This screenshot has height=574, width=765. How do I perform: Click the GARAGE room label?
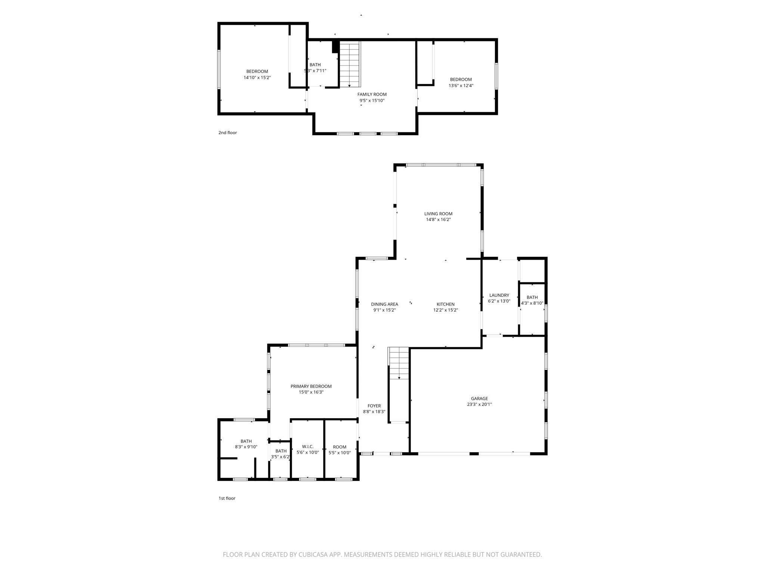pos(479,398)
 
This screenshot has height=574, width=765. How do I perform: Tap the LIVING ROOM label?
pos(438,214)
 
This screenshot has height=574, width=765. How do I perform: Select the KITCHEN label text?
pos(446,304)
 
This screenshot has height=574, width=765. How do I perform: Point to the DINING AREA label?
pos(384,304)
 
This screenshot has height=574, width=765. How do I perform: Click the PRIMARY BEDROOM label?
pos(311,386)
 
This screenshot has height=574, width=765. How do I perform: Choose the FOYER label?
pos(374,406)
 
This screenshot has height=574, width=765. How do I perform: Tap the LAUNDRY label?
pos(499,295)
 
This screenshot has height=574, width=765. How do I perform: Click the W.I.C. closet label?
pos(308,447)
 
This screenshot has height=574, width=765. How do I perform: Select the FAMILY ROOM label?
pos(372,95)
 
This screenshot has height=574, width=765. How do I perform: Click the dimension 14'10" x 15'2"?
pos(257,78)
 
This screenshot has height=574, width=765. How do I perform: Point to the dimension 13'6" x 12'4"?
pos(461,86)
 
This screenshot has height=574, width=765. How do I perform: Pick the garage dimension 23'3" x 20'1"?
pos(479,404)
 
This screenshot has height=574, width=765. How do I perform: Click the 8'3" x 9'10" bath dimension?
pos(246,447)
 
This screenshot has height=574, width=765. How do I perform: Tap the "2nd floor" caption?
pos(227,133)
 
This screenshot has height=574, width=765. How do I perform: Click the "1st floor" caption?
pos(227,498)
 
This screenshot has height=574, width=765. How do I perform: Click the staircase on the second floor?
pos(350,64)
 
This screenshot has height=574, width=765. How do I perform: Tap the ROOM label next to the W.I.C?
pos(340,447)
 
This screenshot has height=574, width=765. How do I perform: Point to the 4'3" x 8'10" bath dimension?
pos(532,303)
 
